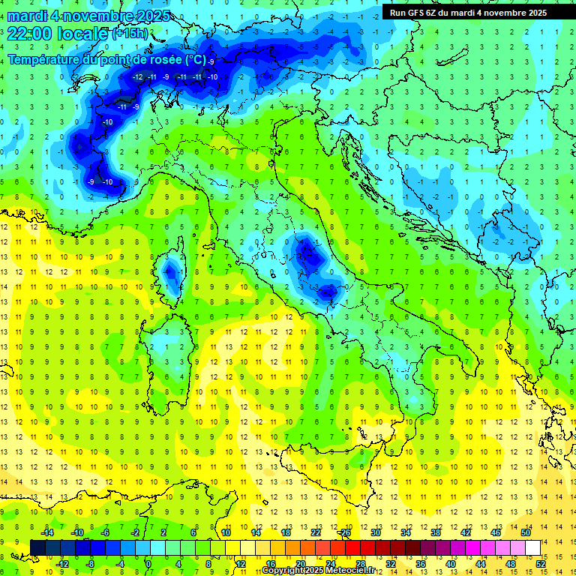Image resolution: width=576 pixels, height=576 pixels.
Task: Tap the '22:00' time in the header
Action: [29, 34]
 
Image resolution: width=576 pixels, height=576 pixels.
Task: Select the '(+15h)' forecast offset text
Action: [130, 34]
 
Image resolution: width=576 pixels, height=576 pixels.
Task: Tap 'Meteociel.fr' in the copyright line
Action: [353, 571]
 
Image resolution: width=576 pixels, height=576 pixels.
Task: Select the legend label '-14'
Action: [47, 532]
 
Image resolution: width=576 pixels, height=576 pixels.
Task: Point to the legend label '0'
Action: [148, 564]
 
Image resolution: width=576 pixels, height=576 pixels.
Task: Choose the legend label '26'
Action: [345, 532]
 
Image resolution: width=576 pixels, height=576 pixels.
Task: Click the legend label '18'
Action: [286, 532]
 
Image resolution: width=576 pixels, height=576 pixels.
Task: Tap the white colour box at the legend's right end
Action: [532, 547]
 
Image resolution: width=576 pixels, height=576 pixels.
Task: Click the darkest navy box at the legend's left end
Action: [37, 547]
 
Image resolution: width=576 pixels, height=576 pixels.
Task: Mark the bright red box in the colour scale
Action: [352, 547]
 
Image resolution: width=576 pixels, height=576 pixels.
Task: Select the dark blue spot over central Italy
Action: [307, 255]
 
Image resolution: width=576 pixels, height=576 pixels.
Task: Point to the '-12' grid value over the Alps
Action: [138, 77]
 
